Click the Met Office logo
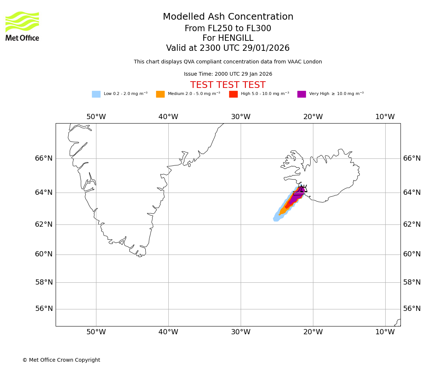[x=22, y=26]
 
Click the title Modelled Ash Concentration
[x=228, y=17]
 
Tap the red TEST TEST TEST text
[x=228, y=85]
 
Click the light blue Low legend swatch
[x=96, y=94]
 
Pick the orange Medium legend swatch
[x=160, y=94]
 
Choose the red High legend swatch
[x=233, y=94]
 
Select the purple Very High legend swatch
[x=301, y=94]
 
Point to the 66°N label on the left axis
[x=44, y=158]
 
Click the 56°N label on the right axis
[x=412, y=309]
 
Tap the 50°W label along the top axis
[x=96, y=117]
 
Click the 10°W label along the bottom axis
[x=385, y=332]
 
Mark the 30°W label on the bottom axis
[x=241, y=332]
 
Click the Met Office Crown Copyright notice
[x=61, y=360]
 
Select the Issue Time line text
[x=228, y=74]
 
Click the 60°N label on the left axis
[x=44, y=254]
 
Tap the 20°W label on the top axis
[x=313, y=117]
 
